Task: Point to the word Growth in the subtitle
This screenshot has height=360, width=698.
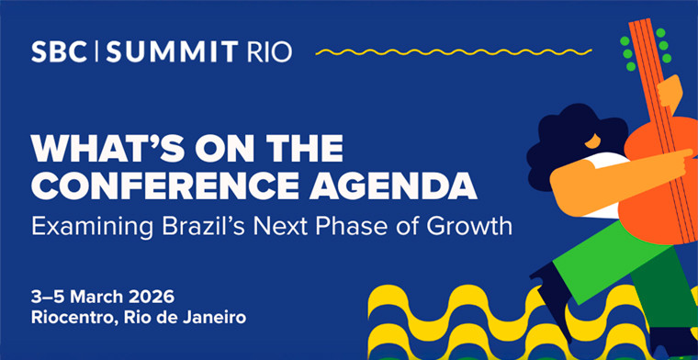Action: coord(467,224)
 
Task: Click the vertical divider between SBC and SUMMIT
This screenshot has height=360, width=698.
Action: coord(97,51)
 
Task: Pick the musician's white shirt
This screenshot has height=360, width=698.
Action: coord(604,163)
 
